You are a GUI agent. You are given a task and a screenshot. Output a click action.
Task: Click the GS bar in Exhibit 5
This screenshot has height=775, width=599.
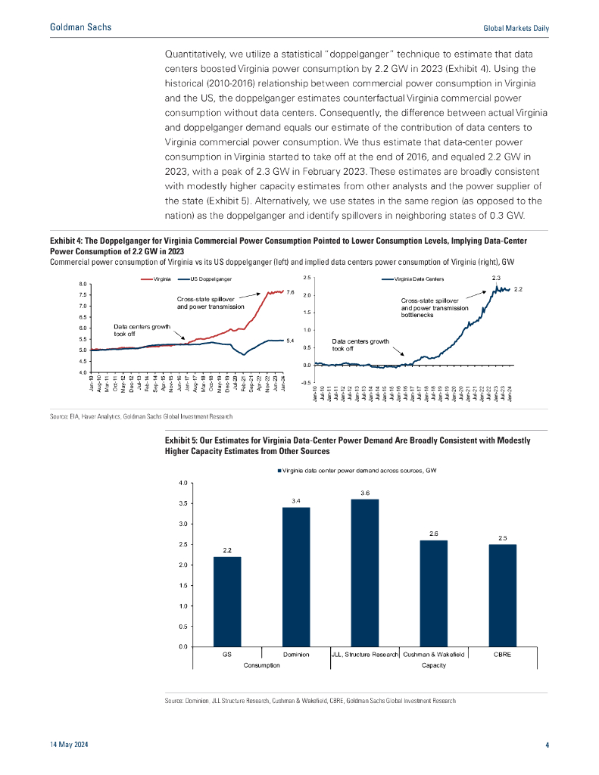click(227, 602)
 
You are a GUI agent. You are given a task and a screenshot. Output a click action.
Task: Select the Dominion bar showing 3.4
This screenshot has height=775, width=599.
click(296, 577)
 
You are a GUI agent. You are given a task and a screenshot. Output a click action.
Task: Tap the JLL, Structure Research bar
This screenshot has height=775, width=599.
click(365, 573)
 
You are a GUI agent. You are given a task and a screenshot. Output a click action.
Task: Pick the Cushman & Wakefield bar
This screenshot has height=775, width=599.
click(434, 593)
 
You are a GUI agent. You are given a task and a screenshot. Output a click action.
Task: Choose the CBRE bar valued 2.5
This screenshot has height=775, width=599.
click(502, 596)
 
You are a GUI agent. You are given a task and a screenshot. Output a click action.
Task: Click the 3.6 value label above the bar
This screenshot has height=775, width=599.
click(365, 493)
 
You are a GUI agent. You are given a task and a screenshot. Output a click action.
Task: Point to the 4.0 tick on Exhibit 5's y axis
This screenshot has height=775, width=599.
click(183, 483)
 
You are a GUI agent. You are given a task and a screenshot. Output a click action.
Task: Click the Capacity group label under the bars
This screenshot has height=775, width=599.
click(433, 665)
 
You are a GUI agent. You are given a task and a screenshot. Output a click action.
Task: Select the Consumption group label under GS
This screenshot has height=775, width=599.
click(261, 665)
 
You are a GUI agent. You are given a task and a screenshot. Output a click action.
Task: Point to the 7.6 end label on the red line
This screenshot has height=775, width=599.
click(289, 291)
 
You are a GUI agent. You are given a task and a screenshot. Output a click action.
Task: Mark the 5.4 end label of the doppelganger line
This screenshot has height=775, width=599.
click(289, 341)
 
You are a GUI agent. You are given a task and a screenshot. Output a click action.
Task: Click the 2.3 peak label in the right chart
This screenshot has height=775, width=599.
click(497, 278)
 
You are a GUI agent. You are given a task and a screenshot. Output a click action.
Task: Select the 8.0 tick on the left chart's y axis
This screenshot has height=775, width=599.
click(83, 284)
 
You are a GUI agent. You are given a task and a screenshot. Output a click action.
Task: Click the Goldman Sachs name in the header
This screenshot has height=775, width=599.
click(80, 27)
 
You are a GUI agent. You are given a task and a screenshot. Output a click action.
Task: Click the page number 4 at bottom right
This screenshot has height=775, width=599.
click(547, 745)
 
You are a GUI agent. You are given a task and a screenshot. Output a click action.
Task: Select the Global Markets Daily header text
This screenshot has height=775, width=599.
click(516, 28)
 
